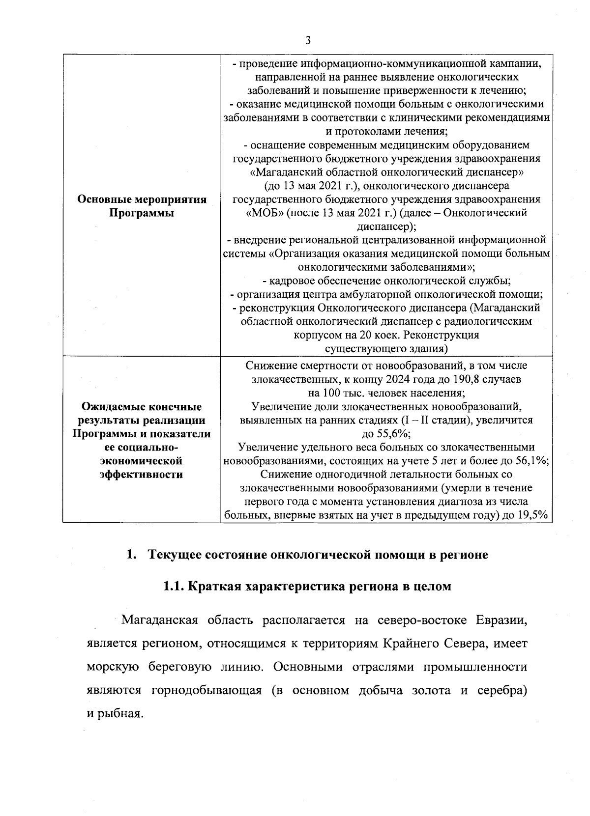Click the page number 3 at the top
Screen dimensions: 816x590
[x=308, y=41]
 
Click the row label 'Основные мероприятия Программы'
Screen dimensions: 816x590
[x=142, y=207]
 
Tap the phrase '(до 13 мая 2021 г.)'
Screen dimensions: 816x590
[x=310, y=186]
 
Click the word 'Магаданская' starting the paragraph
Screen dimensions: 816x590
[x=159, y=620]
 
